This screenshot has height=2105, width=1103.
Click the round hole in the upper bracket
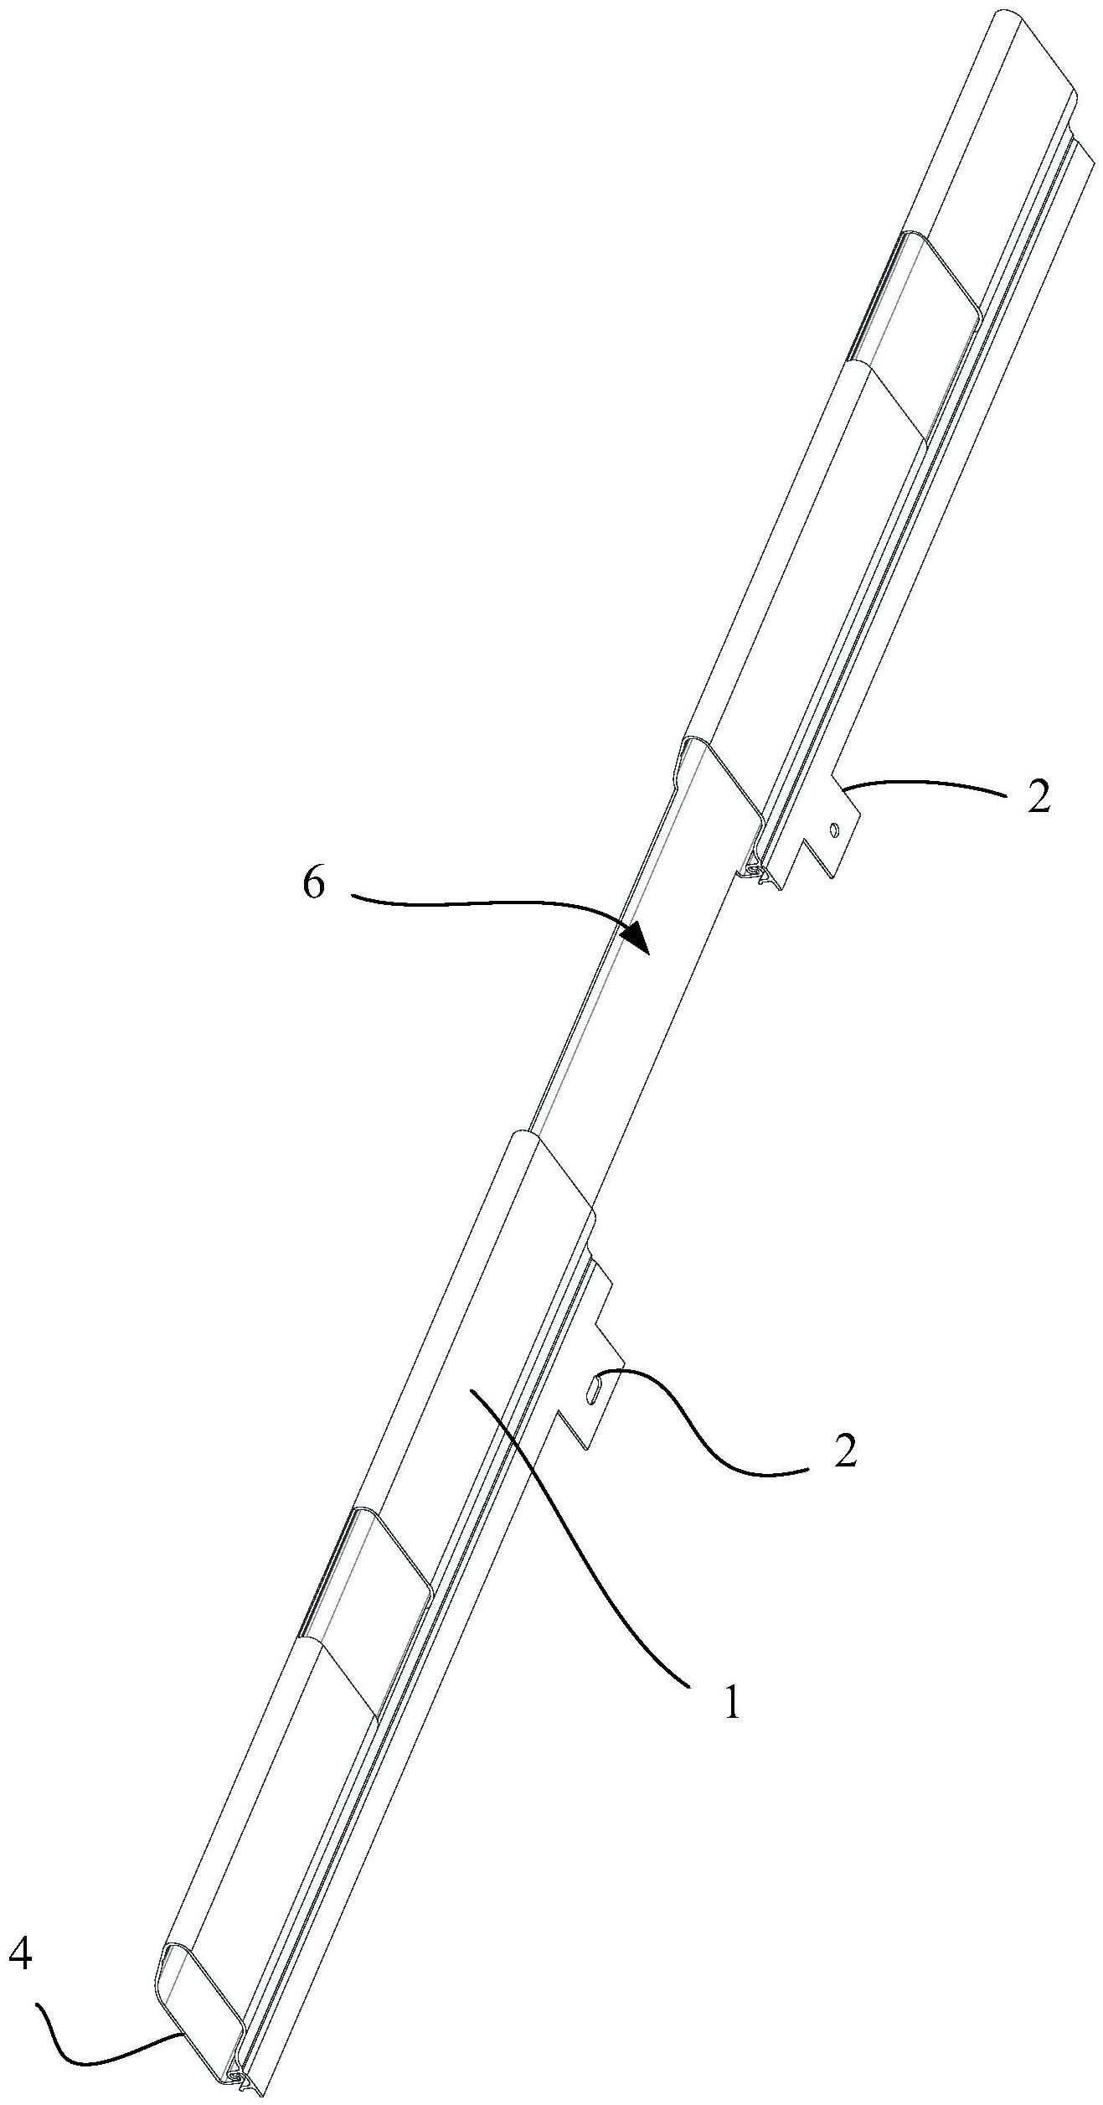[833, 830]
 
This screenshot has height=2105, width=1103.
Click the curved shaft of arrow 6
[486, 903]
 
